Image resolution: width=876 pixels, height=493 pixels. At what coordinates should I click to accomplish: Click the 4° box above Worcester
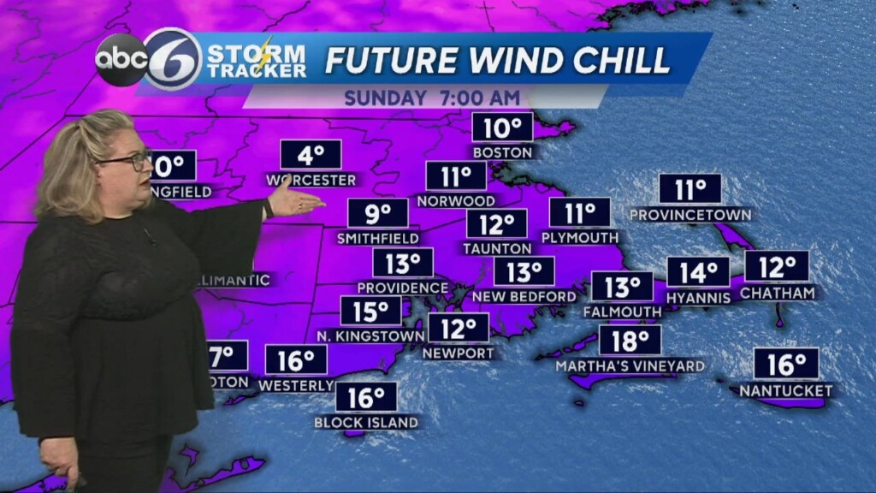[x=311, y=155]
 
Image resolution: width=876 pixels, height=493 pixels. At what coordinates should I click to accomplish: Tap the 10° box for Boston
[x=503, y=128]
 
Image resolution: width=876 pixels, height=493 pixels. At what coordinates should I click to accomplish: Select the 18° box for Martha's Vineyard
[x=630, y=340]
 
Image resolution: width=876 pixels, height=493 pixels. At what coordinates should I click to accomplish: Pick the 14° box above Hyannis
[x=698, y=272]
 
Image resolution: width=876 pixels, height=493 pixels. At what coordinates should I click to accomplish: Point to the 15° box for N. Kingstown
[x=370, y=311]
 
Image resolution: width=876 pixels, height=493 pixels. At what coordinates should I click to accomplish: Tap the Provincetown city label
[x=690, y=214]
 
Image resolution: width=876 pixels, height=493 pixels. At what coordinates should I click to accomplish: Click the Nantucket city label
[x=786, y=390]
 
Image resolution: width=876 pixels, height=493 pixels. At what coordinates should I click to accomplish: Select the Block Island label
[x=366, y=422]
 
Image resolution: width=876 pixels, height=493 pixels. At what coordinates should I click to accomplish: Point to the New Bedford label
[x=524, y=296]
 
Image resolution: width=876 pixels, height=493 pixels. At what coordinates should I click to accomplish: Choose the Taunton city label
[x=497, y=248]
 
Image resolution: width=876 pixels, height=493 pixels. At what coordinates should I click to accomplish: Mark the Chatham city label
[x=778, y=293]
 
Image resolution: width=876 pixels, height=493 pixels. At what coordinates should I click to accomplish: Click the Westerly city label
[x=296, y=385]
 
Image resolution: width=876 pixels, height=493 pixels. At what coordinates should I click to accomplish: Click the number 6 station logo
[x=173, y=59]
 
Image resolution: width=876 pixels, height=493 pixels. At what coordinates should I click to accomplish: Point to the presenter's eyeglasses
[x=128, y=161]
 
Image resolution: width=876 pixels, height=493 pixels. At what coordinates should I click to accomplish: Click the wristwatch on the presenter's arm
[x=268, y=208]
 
